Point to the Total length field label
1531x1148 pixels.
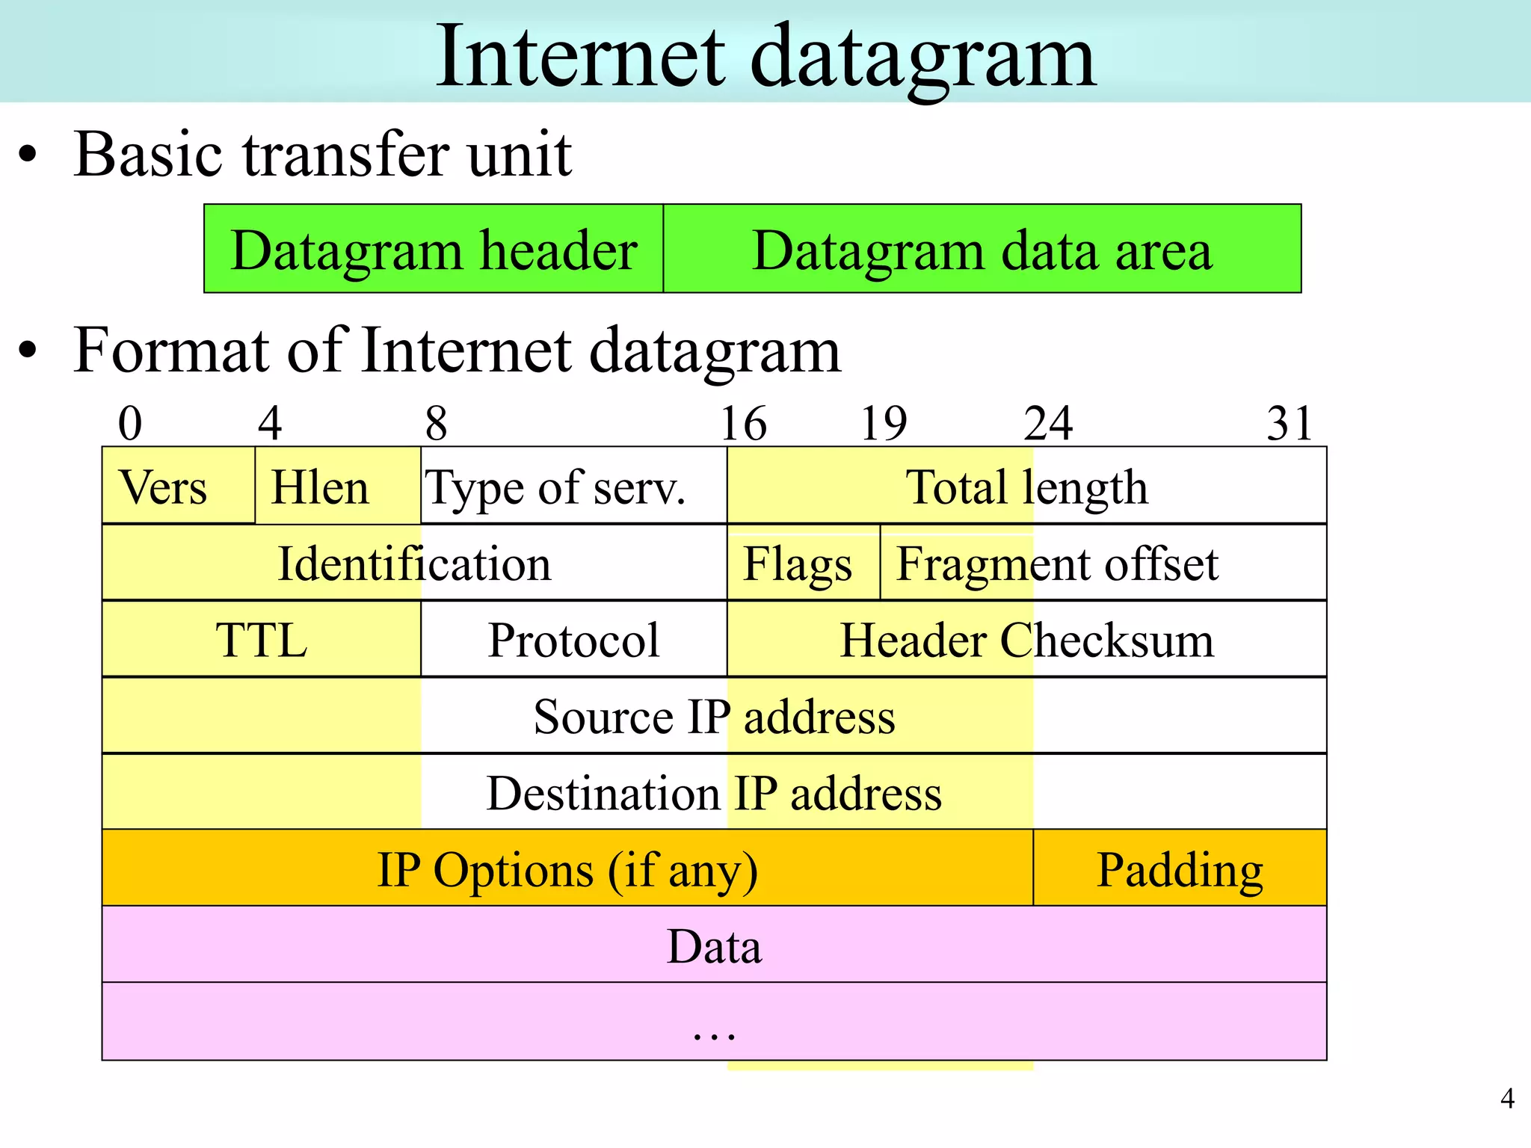[1026, 487]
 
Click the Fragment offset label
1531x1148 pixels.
[1057, 564]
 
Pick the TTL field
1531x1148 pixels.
[261, 640]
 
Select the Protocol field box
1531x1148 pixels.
[573, 640]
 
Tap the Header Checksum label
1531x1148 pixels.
[1026, 641]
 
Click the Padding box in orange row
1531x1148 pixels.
[1180, 869]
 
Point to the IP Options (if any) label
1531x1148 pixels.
[567, 870]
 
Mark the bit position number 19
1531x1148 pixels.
[883, 424]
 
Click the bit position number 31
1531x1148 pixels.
[1290, 424]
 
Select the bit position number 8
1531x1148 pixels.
[436, 424]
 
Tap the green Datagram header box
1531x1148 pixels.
[434, 249]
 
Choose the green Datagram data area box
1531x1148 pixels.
[982, 249]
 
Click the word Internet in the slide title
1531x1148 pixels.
[580, 56]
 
